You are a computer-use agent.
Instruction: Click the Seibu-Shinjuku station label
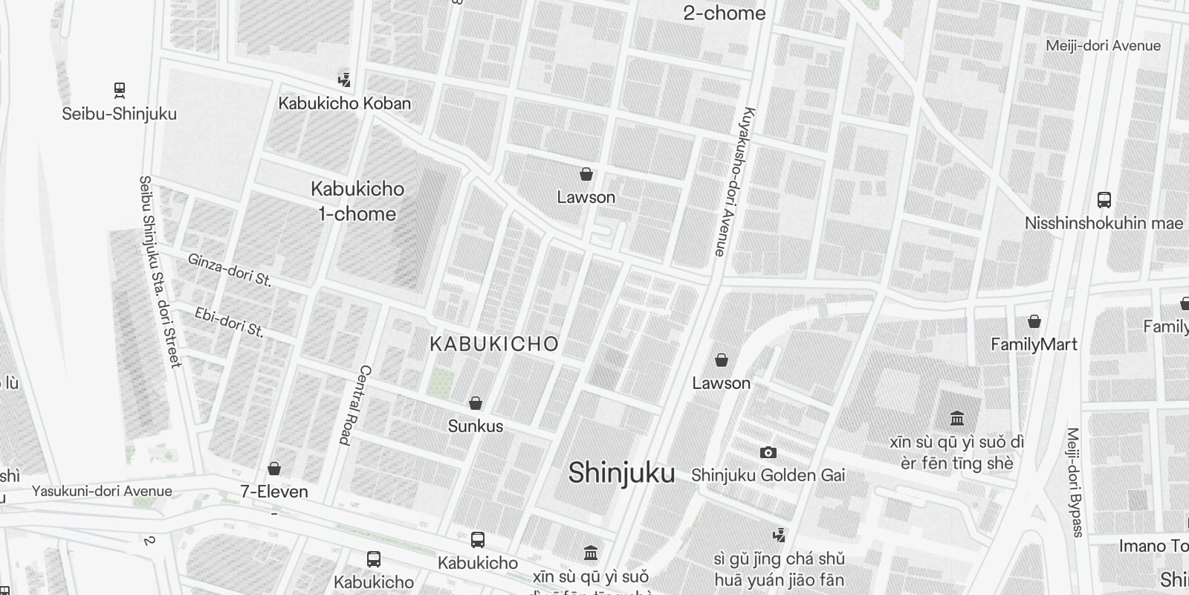pos(119,114)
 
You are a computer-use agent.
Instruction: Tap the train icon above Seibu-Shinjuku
pos(119,90)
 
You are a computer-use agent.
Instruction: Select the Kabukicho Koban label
pos(344,103)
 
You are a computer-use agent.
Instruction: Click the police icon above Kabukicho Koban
pos(344,79)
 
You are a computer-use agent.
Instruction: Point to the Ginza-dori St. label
pos(230,270)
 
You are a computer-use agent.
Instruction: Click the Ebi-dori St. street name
pos(229,321)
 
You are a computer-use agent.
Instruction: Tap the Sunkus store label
pos(475,426)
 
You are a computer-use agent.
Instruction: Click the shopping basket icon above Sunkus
pos(475,403)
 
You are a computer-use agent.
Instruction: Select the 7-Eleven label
pos(273,492)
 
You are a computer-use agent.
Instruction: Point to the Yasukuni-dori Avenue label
pos(102,491)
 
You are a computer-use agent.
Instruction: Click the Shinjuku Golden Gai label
pos(768,475)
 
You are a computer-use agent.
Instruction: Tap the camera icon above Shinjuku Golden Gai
pos(768,452)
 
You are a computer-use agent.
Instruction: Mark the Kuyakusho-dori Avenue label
pos(733,182)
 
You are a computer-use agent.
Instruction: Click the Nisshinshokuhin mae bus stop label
pos(1104,223)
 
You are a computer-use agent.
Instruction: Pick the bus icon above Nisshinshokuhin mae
pos(1104,199)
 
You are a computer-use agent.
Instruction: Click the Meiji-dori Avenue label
pos(1103,45)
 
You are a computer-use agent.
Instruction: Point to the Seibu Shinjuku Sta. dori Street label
pos(160,271)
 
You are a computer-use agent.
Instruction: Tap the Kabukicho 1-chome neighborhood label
pos(357,201)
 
